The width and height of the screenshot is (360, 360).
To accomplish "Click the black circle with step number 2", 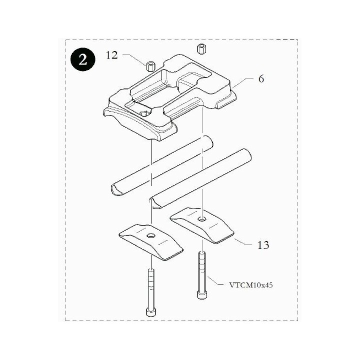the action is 83,59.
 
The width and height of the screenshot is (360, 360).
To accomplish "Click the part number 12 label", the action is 112,55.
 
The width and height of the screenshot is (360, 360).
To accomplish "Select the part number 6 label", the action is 261,79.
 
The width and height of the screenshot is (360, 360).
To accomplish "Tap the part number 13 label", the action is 263,245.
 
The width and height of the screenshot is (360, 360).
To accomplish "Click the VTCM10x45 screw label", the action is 251,285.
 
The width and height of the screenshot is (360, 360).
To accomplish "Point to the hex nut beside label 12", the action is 150,66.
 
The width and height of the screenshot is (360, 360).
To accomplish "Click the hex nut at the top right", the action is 201,49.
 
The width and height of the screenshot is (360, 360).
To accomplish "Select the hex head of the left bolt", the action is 151,312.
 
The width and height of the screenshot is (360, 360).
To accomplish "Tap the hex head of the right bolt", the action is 202,295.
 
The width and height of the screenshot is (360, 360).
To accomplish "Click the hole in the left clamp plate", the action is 151,236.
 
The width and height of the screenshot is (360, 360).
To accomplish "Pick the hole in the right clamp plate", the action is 202,218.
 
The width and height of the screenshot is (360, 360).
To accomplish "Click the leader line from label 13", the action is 243,242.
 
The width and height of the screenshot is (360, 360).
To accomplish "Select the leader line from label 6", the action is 242,83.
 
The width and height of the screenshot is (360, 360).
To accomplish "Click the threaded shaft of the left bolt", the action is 151,289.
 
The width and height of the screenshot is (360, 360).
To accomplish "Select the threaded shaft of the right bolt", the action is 202,271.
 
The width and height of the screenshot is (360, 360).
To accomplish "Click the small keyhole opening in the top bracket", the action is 144,113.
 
